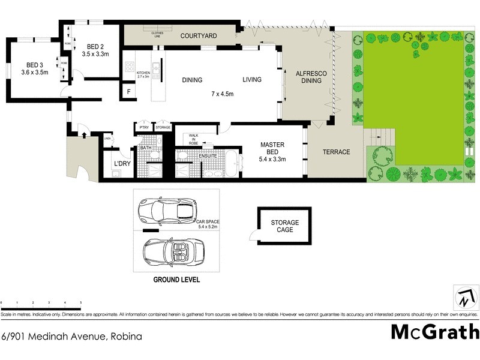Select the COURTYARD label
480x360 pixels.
coord(199,36)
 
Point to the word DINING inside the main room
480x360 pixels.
coord(192,80)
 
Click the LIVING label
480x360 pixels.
coord(254,80)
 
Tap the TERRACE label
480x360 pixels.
coord(336,152)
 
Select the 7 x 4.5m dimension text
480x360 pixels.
coord(223,94)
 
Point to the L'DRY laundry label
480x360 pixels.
coord(122,163)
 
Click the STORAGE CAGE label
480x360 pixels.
coord(284,226)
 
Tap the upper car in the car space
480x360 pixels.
coord(167,210)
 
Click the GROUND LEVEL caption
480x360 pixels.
coord(176,280)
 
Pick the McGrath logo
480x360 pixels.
coord(435,331)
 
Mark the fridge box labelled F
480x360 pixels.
coord(128,92)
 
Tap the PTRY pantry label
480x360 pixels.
coord(144,127)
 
